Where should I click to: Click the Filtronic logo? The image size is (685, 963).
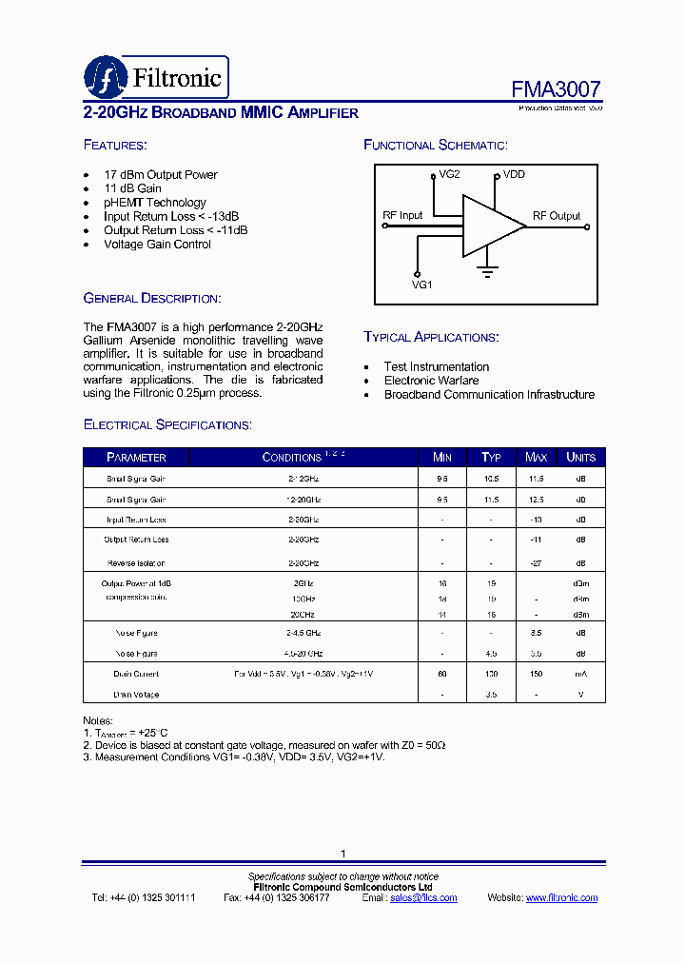point(156,76)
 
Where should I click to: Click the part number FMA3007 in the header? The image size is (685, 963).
point(556,89)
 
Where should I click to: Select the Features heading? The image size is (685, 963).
point(115,145)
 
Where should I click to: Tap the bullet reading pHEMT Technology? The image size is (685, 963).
point(154,203)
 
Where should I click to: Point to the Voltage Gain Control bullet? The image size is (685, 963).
point(157,245)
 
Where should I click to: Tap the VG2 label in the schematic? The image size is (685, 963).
point(449,175)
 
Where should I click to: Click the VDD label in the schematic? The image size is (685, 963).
point(514,175)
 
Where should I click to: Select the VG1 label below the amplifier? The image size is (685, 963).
point(421,284)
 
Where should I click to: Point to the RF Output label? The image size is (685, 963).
point(557,216)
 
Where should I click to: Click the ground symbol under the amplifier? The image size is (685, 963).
point(487,273)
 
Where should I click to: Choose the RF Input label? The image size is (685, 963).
point(402,216)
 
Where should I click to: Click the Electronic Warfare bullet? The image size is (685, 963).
point(431,381)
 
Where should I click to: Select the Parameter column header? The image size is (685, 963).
point(136,458)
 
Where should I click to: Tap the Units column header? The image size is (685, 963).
point(580,458)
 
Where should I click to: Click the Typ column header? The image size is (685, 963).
point(491,458)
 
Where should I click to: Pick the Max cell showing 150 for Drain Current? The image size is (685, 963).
point(537,674)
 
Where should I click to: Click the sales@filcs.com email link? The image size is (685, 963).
point(423,898)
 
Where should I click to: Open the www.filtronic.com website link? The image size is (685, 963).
point(561,898)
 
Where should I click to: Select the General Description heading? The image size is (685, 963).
point(152,298)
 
